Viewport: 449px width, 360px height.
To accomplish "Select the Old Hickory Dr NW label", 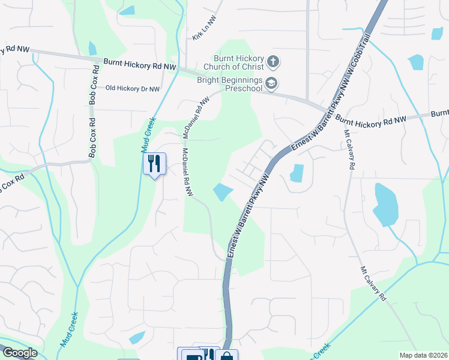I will pos(133,88).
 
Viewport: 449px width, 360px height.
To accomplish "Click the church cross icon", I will pos(273,61).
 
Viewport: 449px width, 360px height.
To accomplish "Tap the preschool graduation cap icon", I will pos(271,83).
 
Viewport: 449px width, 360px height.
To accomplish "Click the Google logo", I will pos(19,353).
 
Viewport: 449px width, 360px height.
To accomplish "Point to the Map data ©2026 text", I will pos(423,355).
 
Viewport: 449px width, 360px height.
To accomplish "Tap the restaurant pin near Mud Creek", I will pos(154,163).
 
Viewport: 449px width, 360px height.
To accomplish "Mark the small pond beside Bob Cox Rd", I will pos(92,48).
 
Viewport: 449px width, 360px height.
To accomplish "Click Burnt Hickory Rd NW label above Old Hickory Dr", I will pos(139,62).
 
